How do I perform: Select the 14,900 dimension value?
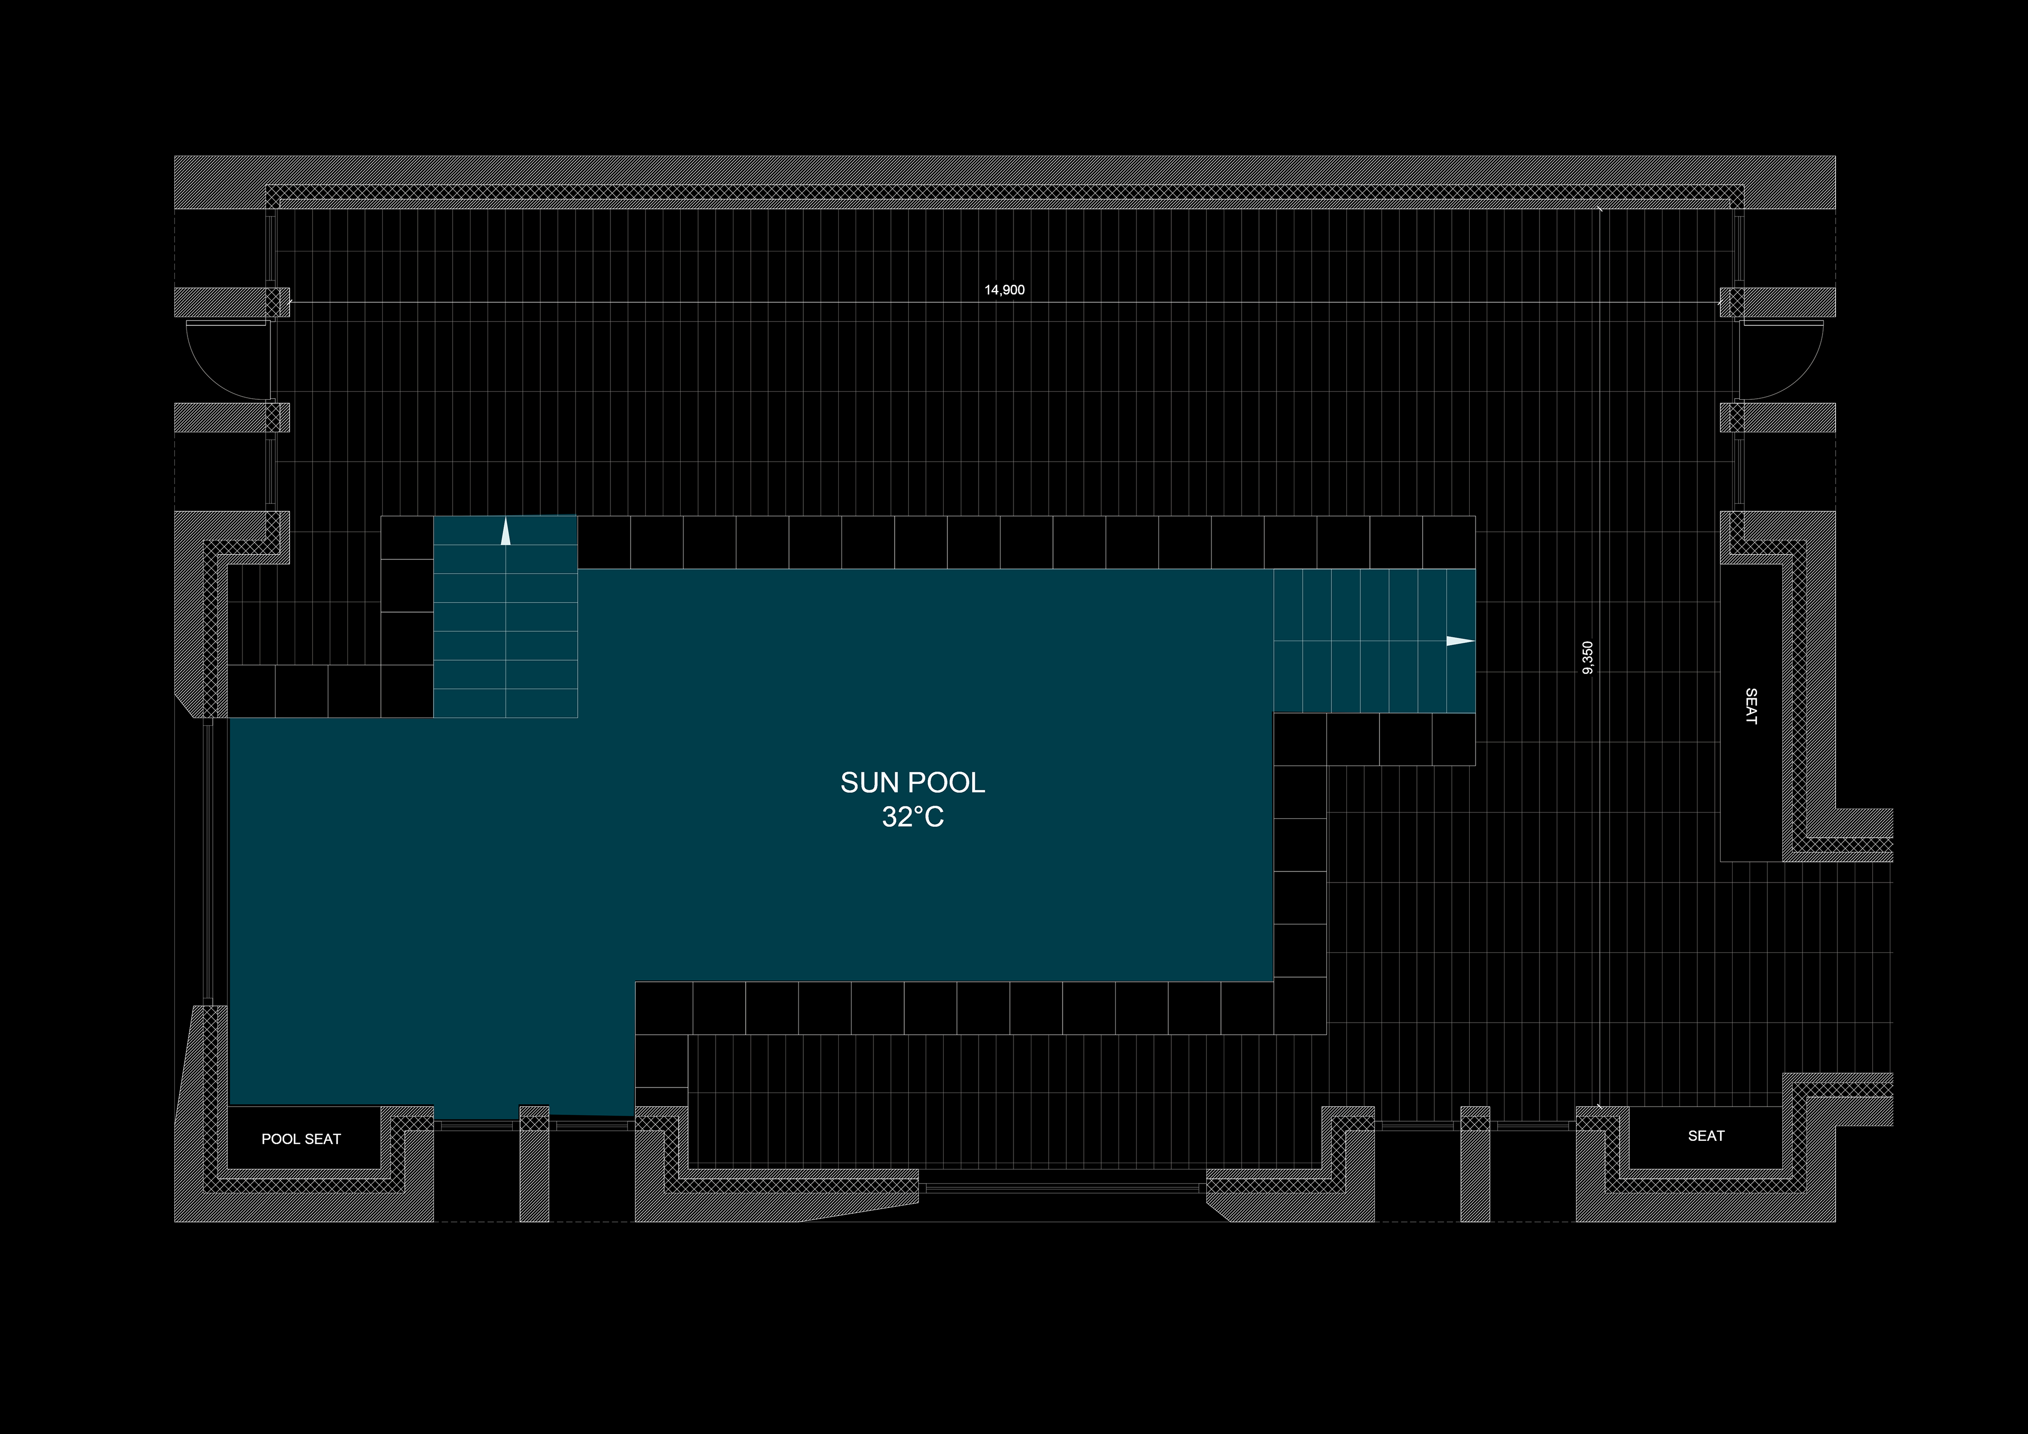click(x=1004, y=290)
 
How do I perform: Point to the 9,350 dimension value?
click(x=1587, y=658)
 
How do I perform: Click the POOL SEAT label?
click(x=301, y=1139)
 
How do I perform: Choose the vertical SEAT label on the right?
click(x=1751, y=706)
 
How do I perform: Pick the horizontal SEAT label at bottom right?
click(x=1706, y=1136)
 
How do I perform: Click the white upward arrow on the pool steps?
click(x=505, y=533)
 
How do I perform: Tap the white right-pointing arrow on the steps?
click(x=1459, y=641)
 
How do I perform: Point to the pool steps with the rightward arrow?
click(x=1374, y=641)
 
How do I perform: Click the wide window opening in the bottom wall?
click(x=1063, y=1188)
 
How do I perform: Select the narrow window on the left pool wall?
click(x=209, y=861)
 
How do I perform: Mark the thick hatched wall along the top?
click(x=1004, y=170)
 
